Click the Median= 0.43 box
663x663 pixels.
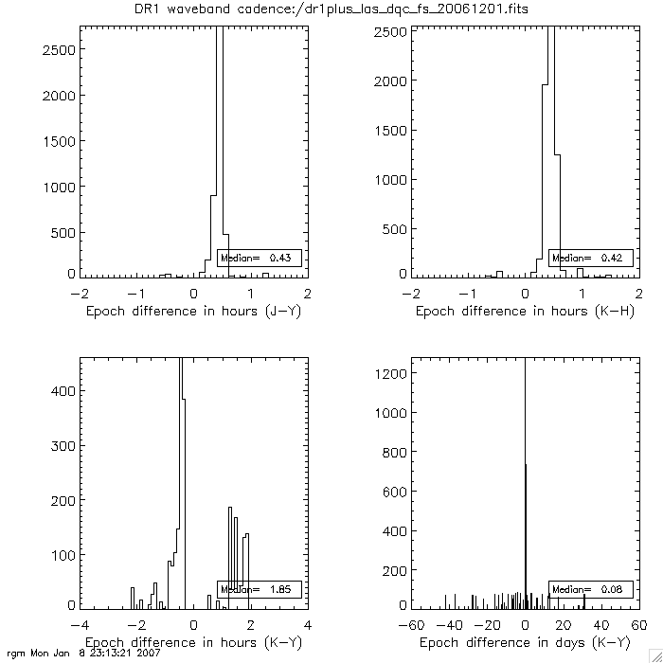coord(260,258)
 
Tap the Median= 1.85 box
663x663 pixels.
coord(260,589)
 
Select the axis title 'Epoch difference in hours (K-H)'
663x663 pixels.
coord(526,311)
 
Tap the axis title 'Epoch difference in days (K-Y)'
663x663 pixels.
coord(526,642)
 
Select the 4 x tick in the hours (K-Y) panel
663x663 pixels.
coord(308,625)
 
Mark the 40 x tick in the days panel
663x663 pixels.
coord(601,625)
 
